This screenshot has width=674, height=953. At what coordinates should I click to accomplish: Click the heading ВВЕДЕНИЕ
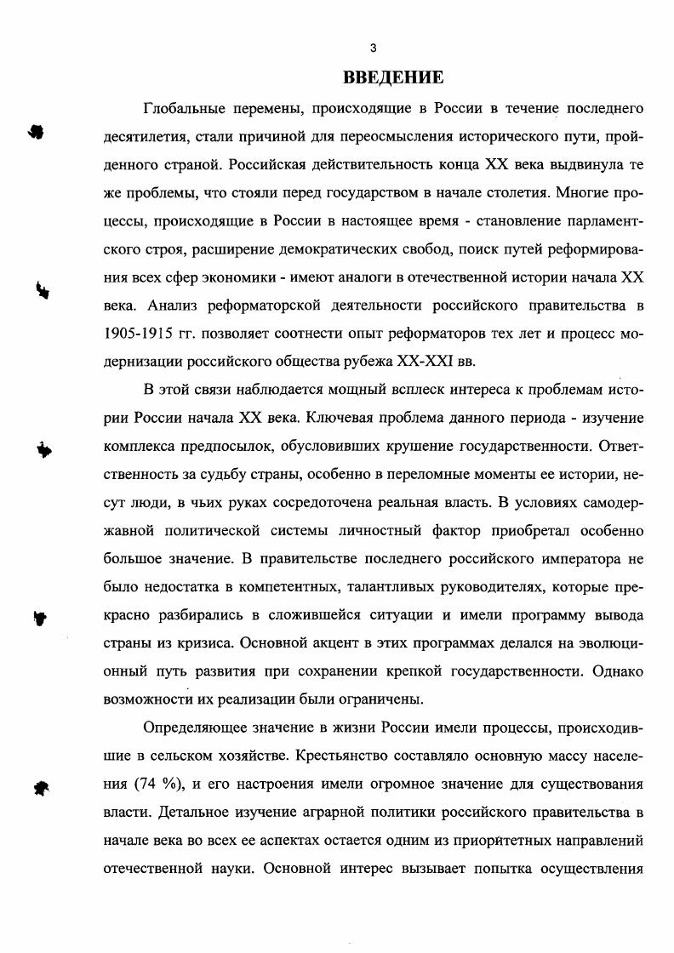393,78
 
